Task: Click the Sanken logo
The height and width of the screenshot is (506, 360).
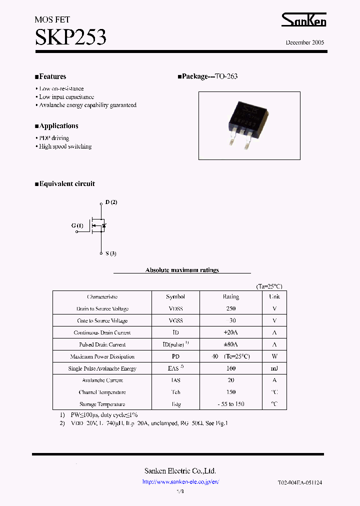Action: point(303,19)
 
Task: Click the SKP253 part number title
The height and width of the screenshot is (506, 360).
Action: point(70,36)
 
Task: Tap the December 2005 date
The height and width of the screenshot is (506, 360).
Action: point(305,42)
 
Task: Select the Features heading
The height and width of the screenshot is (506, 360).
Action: point(51,76)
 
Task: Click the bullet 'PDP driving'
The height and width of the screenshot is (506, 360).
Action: point(53,138)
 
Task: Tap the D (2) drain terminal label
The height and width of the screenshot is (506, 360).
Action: point(111,202)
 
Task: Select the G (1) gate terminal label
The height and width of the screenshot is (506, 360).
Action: point(77,226)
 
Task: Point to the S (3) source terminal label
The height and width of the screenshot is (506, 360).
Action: point(111,253)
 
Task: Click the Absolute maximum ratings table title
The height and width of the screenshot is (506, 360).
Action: point(182,270)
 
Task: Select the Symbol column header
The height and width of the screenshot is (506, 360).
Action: point(175,297)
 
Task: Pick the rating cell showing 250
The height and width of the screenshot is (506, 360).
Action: point(230,309)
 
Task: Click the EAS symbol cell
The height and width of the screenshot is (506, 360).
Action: point(175,368)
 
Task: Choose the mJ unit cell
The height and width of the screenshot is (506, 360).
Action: point(274,368)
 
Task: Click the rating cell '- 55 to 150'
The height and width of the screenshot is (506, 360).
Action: point(230,404)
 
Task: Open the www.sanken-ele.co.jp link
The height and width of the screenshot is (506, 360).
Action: point(180,482)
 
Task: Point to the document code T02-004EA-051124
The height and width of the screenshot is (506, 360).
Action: point(300,482)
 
